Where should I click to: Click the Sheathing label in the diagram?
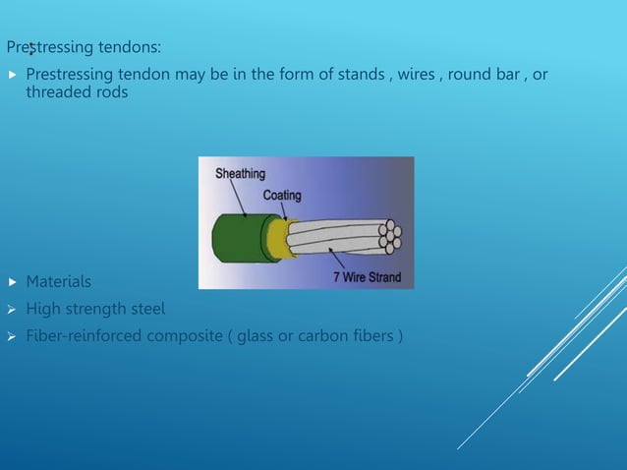[x=240, y=174]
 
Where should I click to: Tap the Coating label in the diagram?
[x=281, y=195]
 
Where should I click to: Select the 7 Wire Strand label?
[x=366, y=277]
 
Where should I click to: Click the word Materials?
[x=58, y=282]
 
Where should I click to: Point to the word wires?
[x=418, y=75]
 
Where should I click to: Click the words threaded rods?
[x=75, y=92]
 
